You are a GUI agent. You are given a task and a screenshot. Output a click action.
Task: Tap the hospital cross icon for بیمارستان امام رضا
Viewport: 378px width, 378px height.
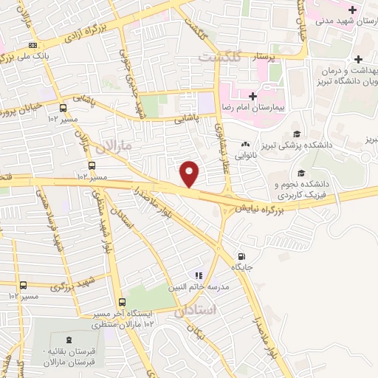click(x=252, y=96)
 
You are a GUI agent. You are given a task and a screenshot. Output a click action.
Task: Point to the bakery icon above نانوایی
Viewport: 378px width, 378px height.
click(x=244, y=145)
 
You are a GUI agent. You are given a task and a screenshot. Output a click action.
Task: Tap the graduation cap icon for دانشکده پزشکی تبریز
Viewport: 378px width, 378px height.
click(x=297, y=134)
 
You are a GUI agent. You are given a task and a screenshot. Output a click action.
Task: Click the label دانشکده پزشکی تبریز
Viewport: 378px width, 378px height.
click(x=326, y=145)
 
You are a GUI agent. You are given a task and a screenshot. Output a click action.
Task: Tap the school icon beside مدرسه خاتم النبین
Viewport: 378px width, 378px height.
click(x=198, y=275)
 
